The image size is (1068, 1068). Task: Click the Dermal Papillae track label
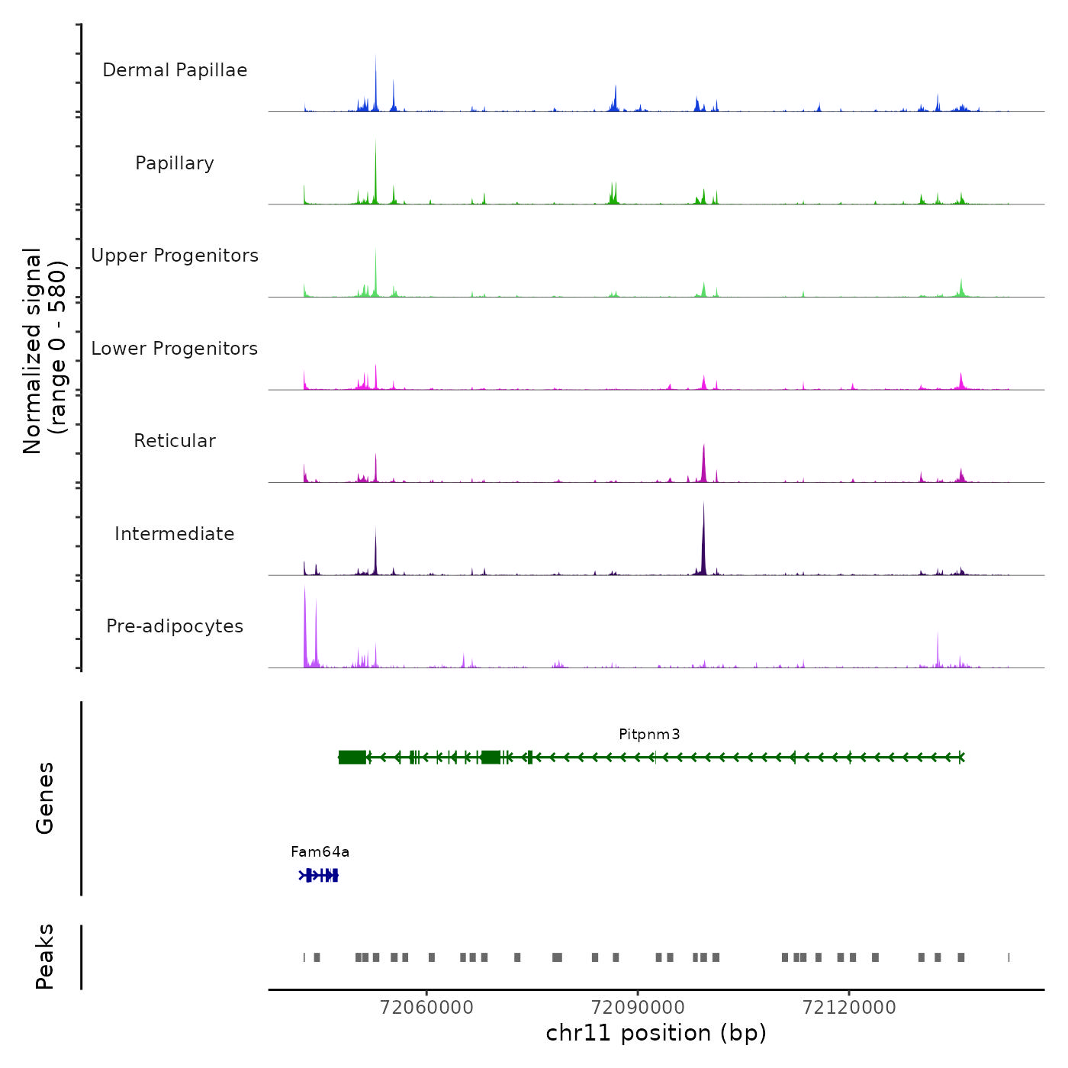[175, 70]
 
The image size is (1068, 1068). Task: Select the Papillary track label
[175, 163]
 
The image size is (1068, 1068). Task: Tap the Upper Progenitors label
[175, 256]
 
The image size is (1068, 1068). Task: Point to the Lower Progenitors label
[175, 349]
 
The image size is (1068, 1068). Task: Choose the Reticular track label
[175, 441]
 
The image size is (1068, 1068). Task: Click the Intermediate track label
[175, 534]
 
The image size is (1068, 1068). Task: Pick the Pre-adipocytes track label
[175, 626]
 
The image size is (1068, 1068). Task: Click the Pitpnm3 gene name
[649, 735]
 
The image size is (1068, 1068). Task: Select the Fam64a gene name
[320, 852]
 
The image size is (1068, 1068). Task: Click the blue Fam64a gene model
[319, 875]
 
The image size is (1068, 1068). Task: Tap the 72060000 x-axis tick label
[426, 1008]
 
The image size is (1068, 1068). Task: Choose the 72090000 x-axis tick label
[638, 1008]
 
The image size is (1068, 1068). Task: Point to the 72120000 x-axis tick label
[849, 1008]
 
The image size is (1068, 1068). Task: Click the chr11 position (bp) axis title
[656, 1033]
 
